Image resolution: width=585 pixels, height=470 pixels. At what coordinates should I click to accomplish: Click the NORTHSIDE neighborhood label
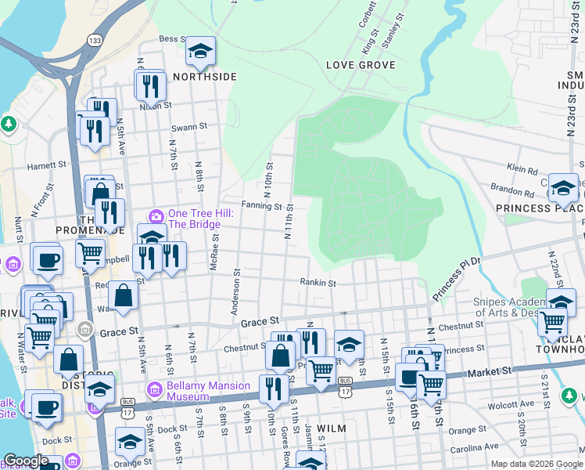click(x=204, y=77)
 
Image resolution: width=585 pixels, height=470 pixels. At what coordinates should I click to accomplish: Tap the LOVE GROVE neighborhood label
click(x=361, y=65)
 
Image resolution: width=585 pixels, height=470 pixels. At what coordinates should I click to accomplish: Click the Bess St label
click(x=170, y=38)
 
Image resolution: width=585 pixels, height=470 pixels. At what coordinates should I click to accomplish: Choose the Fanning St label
click(x=260, y=207)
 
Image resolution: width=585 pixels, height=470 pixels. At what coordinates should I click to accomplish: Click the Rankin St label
click(x=318, y=283)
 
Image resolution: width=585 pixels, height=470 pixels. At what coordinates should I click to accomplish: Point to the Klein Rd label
click(x=522, y=168)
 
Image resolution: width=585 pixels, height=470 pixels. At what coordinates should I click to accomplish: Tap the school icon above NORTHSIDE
click(x=201, y=52)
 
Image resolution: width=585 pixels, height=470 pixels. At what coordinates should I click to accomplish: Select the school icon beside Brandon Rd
click(x=563, y=187)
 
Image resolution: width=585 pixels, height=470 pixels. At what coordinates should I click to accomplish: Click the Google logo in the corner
click(x=27, y=460)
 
